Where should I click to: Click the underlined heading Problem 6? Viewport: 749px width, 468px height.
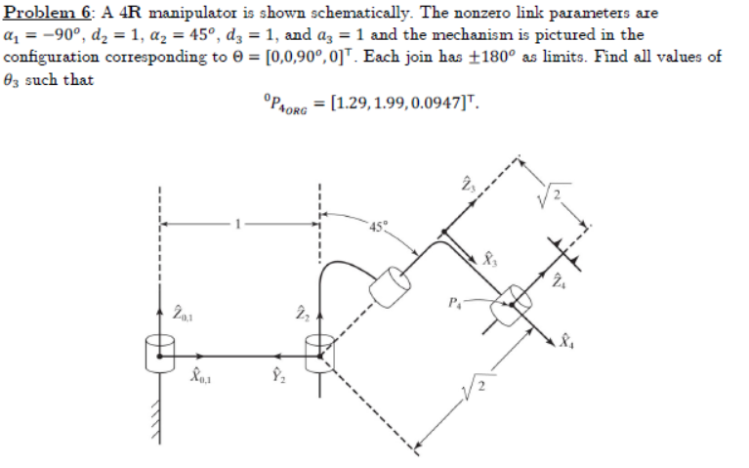pyautogui.click(x=43, y=12)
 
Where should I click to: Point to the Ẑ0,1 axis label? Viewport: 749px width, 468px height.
pyautogui.click(x=183, y=312)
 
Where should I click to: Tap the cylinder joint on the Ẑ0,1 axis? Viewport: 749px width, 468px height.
pyautogui.click(x=159, y=354)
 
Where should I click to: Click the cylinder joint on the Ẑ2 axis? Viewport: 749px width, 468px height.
pyautogui.click(x=318, y=354)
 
